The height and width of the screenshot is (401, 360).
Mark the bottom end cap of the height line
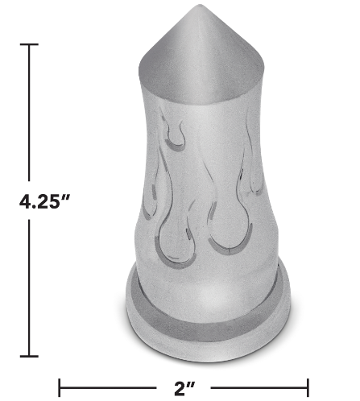point(31,354)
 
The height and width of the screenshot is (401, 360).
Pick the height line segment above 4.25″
point(31,113)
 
